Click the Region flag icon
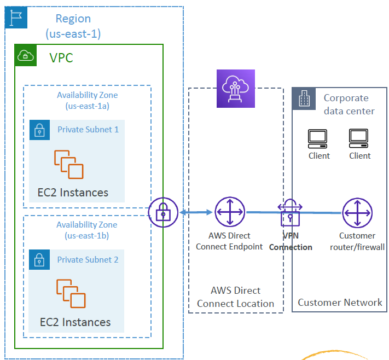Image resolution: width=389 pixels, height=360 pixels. click(x=16, y=18)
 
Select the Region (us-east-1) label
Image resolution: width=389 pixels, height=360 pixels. click(x=73, y=26)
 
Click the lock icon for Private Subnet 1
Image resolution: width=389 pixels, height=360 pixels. click(x=39, y=130)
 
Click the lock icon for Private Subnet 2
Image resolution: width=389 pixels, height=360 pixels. click(x=39, y=260)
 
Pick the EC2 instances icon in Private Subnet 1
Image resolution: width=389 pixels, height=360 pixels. click(x=68, y=165)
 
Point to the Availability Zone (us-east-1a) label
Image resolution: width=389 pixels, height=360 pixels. click(x=88, y=100)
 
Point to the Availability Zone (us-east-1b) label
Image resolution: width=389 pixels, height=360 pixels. click(x=86, y=230)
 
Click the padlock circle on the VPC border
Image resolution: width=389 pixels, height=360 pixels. click(x=163, y=212)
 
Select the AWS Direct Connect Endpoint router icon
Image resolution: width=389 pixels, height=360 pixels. click(x=229, y=212)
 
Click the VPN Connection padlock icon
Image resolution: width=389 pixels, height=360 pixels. click(x=290, y=214)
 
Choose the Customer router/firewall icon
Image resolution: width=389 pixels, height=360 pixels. click(x=357, y=212)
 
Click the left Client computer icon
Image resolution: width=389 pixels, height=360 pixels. click(x=318, y=139)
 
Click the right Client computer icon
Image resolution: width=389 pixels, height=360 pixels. click(x=359, y=139)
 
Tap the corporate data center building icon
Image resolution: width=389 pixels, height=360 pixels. click(x=304, y=99)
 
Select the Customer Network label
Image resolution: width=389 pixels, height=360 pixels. click(x=340, y=302)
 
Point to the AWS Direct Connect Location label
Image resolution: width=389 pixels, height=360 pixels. click(x=236, y=297)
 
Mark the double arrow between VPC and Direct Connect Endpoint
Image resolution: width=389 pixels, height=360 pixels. click(x=195, y=212)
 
